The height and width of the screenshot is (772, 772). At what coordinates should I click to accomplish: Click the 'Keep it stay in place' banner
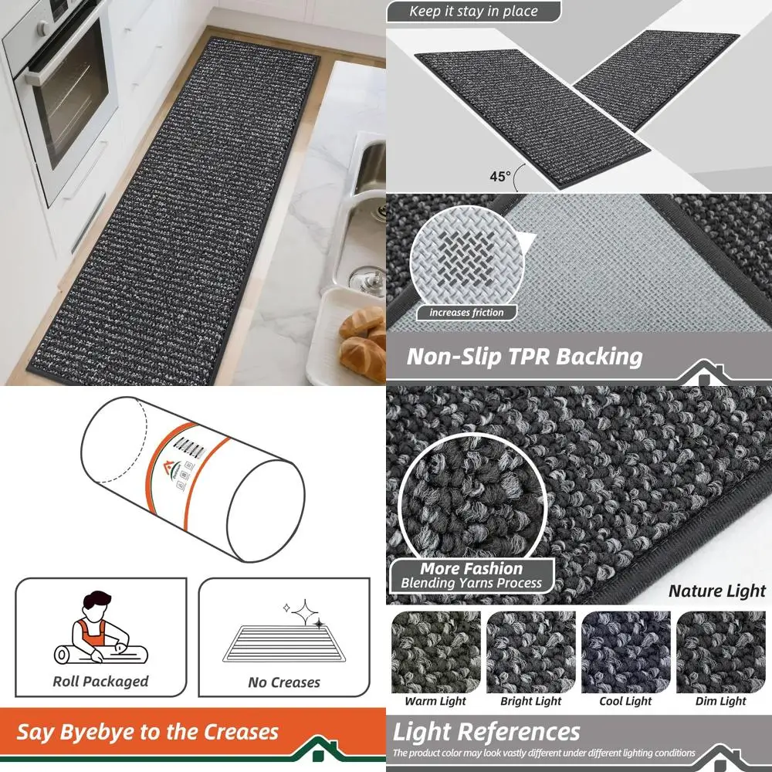(x=473, y=12)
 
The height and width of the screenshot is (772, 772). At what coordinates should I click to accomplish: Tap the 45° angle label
(x=500, y=177)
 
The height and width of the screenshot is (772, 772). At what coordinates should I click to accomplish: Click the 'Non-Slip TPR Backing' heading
(x=524, y=357)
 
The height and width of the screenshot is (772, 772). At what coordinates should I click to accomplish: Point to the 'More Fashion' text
(x=471, y=569)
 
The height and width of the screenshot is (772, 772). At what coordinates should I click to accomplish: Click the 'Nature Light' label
(x=716, y=591)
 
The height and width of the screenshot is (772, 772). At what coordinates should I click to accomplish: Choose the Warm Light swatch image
(x=435, y=652)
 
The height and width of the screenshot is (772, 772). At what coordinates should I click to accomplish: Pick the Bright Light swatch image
(x=531, y=652)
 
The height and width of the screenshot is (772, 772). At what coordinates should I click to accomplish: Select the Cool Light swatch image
(x=626, y=652)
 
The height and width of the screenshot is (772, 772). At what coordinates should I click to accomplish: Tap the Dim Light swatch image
(x=721, y=652)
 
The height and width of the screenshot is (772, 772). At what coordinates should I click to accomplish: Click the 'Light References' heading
(x=486, y=731)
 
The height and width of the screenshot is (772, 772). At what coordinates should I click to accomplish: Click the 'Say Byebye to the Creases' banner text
(x=147, y=732)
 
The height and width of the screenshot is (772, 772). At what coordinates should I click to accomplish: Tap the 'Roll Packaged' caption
(x=100, y=682)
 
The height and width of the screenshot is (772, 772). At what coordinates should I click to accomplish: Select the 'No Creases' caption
(x=283, y=682)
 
